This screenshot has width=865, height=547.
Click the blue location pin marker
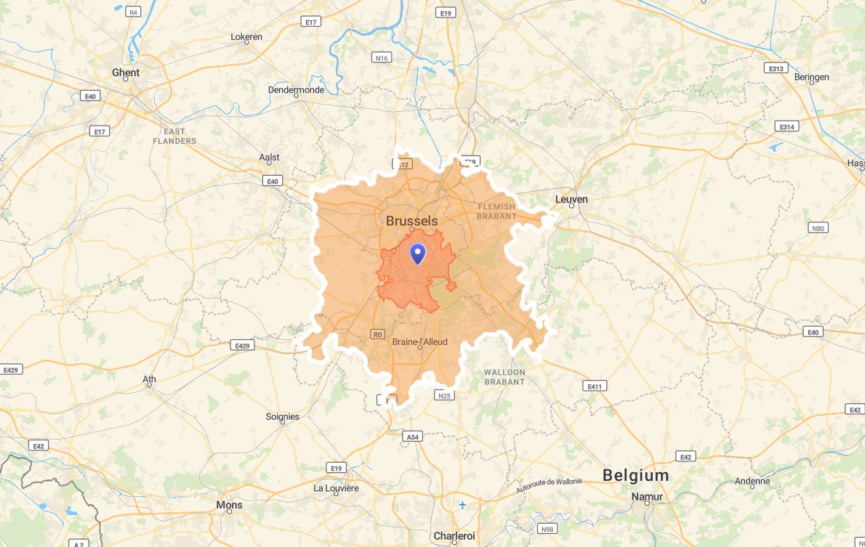coord(418,254)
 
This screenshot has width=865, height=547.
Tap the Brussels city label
coord(411,221)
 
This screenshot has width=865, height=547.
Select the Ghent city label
coord(126,73)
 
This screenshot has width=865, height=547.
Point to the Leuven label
coord(571,199)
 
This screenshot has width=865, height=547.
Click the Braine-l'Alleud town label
coord(419,341)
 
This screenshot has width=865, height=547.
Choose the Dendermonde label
coord(296,90)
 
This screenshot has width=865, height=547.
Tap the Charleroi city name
coord(454,536)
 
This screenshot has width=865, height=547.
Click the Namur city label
coord(647,497)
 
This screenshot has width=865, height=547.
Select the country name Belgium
coord(635,476)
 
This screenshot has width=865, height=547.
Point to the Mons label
coord(229,505)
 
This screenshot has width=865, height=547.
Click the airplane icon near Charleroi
coord(462,505)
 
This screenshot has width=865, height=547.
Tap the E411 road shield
coord(594,386)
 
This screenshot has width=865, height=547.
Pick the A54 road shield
coord(412,437)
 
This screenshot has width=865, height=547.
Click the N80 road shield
coord(818,228)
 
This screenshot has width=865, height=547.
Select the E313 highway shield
coord(776,68)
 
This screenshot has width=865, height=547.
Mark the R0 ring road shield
coord(377,334)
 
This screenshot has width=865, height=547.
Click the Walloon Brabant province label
coord(504,377)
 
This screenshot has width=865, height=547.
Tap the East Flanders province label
coord(174,136)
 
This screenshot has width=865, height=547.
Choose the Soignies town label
coord(283,417)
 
